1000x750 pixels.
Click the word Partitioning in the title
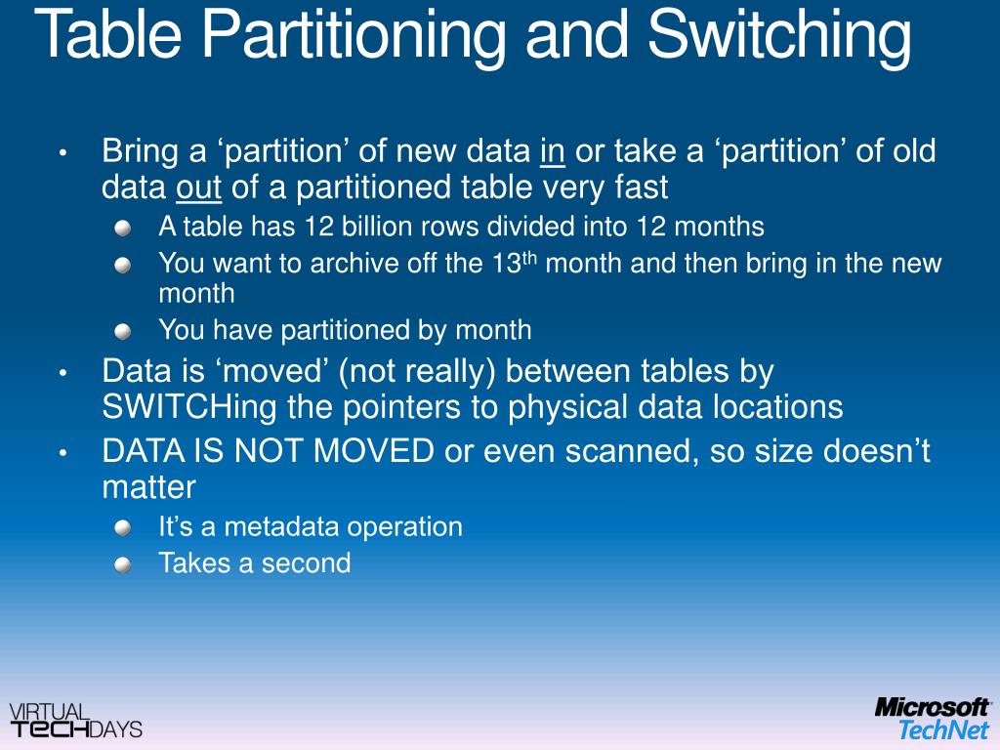click(x=356, y=34)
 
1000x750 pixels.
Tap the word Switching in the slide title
click(x=779, y=34)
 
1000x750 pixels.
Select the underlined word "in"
click(x=553, y=151)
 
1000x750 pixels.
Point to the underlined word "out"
click(x=199, y=187)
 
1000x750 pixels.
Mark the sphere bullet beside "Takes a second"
click(x=122, y=564)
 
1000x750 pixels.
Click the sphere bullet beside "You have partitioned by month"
click(x=122, y=332)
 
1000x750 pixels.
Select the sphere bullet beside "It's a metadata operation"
click(x=122, y=528)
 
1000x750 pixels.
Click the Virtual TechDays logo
click(x=75, y=720)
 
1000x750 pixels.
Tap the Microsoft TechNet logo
click(x=932, y=719)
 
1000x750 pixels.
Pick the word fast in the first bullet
click(x=640, y=187)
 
